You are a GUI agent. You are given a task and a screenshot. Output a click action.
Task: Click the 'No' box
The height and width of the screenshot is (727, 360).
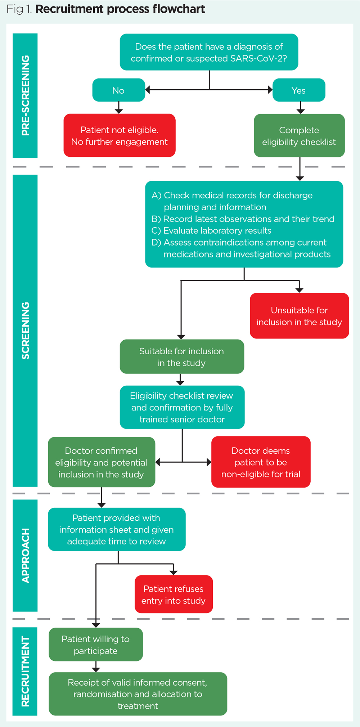118,90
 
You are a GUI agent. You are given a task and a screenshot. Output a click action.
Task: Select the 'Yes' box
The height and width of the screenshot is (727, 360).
299,90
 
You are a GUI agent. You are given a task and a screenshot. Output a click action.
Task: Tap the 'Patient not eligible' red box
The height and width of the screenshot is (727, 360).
119,135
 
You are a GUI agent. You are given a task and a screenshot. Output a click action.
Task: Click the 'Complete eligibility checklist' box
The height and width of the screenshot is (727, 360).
299,135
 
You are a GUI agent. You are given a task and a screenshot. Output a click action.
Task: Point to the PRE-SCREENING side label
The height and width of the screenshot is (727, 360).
25,95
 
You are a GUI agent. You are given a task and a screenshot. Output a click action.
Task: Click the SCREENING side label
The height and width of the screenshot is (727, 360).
25,330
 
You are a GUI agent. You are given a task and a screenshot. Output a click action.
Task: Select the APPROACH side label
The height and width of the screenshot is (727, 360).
25,555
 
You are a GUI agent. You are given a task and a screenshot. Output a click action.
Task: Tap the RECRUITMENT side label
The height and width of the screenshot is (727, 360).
25,671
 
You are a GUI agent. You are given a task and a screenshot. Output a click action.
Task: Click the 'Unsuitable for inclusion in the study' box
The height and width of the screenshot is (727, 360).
299,316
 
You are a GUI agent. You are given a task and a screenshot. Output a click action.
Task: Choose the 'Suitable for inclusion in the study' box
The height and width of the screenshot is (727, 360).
182,356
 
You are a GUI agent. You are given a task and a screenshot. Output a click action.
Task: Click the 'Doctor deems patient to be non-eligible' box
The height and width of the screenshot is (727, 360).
261,462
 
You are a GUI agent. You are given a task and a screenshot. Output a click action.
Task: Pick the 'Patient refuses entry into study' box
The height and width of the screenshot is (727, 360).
174,594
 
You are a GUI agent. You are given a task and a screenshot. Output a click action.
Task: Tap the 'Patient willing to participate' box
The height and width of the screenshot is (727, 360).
96,645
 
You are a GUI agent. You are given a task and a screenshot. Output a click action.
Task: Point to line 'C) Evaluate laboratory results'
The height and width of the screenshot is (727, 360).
211,230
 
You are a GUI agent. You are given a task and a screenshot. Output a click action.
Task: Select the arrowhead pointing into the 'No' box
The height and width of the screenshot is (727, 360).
148,90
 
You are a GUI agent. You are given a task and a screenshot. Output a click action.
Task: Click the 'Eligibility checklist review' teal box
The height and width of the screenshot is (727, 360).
182,407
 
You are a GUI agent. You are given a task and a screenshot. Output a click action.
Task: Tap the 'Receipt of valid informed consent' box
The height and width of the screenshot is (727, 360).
138,694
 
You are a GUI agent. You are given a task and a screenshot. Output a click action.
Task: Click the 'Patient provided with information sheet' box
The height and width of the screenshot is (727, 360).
117,529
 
